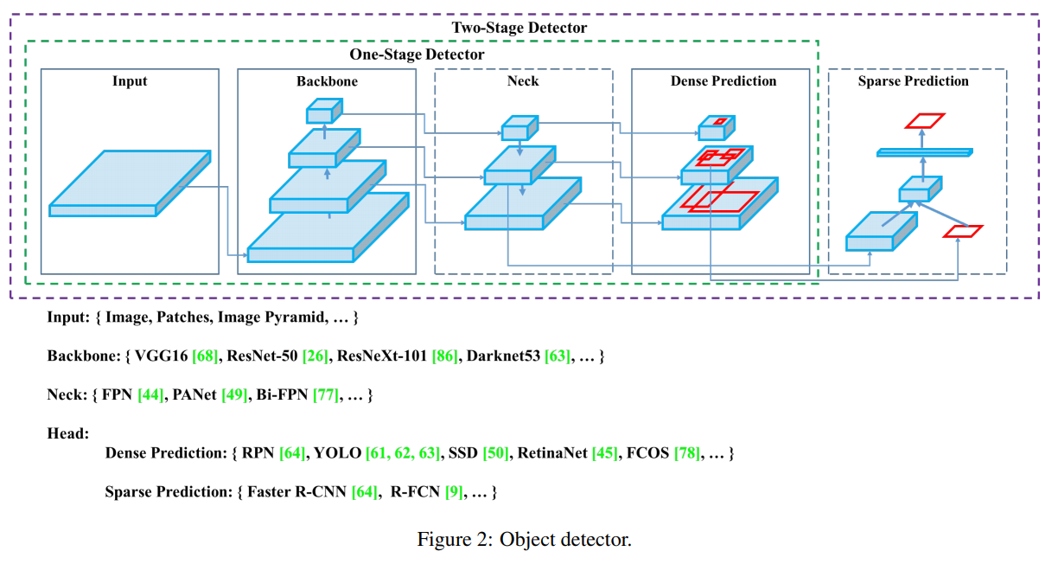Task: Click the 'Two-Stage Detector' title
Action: click(x=519, y=28)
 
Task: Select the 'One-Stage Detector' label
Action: click(x=417, y=54)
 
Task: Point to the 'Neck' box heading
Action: click(x=523, y=81)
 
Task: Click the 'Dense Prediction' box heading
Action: click(x=723, y=81)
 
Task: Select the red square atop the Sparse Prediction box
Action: click(x=924, y=120)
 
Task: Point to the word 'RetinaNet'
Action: click(x=552, y=453)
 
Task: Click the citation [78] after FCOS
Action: click(x=687, y=453)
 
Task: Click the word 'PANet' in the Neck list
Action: click(x=193, y=395)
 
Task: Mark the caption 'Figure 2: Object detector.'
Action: click(x=525, y=541)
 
